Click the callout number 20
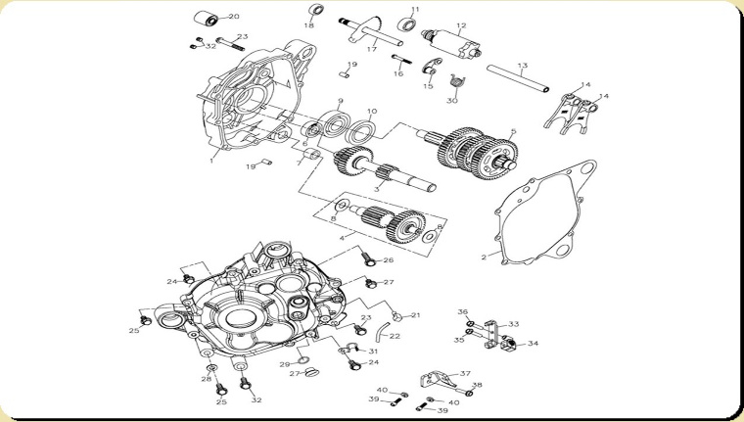click(x=233, y=17)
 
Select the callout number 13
click(x=523, y=66)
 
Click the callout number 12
click(x=460, y=25)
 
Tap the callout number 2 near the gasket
click(x=484, y=257)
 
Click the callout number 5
click(x=513, y=131)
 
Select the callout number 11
click(x=415, y=10)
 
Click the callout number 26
click(x=389, y=260)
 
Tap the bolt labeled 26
click(x=366, y=259)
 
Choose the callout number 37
click(x=465, y=373)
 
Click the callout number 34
click(x=533, y=344)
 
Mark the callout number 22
click(x=395, y=336)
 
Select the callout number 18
click(x=309, y=25)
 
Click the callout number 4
click(x=341, y=238)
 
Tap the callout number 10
click(x=372, y=112)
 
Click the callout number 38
click(x=477, y=386)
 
